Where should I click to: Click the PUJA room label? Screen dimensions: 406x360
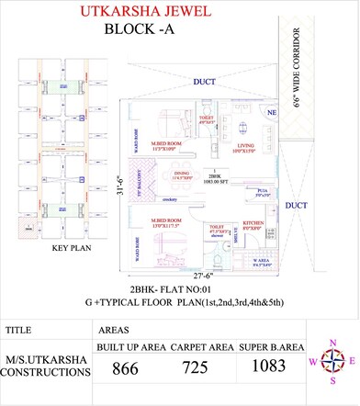pos(263,191)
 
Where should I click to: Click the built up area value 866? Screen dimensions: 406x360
pos(126,370)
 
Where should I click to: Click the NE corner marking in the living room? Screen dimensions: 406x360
pos(272,111)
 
